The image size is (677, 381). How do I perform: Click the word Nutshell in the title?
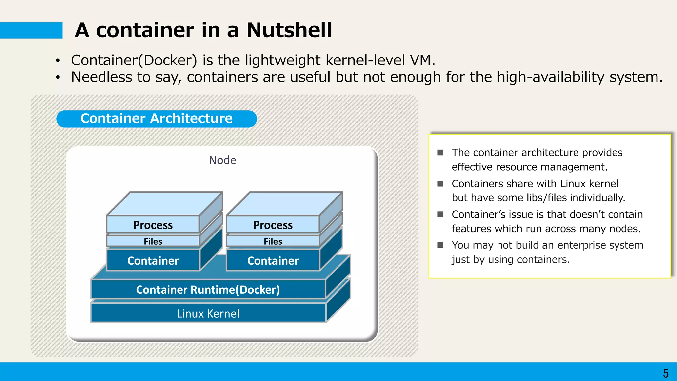(x=289, y=30)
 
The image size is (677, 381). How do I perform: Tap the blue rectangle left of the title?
(x=31, y=30)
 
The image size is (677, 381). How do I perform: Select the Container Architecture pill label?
(x=156, y=119)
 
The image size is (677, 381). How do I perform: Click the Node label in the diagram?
(x=222, y=160)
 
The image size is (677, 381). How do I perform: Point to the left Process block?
(x=153, y=225)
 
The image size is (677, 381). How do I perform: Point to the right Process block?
(x=273, y=225)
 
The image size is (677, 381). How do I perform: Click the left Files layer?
(x=153, y=241)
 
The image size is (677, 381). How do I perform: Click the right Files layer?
(x=273, y=241)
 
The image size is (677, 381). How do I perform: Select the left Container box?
(x=153, y=261)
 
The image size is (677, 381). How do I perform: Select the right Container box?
(x=273, y=261)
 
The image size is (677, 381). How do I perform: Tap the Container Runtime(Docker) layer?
(x=208, y=290)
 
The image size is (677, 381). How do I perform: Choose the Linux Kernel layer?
(x=208, y=313)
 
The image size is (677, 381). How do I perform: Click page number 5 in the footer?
(x=665, y=373)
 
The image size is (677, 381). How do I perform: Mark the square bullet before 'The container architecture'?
(x=440, y=152)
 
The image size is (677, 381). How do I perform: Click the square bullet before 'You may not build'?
(x=440, y=245)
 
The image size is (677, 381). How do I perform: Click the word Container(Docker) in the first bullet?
(x=134, y=60)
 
